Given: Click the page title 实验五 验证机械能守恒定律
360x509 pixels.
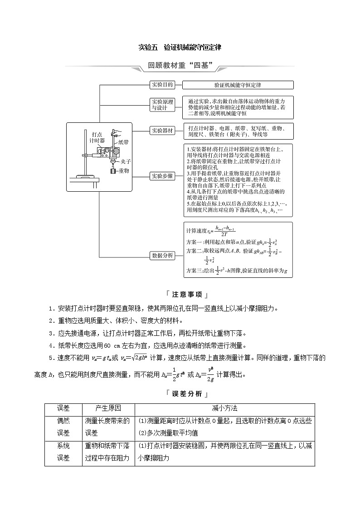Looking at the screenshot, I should point(180,47).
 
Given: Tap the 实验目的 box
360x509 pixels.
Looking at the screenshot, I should point(162,84).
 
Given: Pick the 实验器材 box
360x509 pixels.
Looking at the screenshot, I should point(162,131).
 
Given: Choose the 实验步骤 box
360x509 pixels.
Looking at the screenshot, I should point(162,176).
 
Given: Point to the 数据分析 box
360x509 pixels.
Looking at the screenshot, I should point(162,255).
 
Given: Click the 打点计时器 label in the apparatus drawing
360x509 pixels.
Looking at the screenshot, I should point(97,137).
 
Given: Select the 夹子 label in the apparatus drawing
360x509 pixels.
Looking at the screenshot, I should point(126,161).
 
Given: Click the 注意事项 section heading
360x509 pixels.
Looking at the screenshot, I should point(180,295).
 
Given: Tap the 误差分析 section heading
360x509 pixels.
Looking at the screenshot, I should point(180,393).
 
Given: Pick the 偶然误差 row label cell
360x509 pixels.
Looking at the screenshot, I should point(63,427).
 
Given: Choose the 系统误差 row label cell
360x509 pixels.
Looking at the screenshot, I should point(63,452).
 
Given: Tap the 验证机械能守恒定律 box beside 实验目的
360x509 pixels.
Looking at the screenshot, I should point(238,85).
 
